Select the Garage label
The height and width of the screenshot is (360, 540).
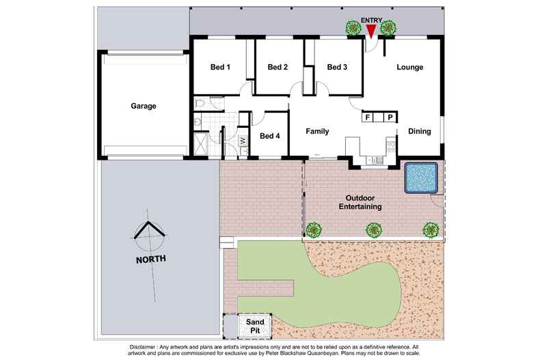pos(144,106)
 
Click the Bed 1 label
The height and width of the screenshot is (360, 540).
pos(220,67)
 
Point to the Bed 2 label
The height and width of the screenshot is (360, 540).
pos(278,67)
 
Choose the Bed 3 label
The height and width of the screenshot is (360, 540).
pos(337,67)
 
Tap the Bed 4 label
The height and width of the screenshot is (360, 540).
pos(270,135)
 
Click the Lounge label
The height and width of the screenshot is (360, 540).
pos(410,67)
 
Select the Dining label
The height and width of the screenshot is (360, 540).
pos(420,131)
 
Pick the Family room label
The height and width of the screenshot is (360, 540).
pos(317,131)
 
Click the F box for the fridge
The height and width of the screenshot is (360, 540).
pos(368,117)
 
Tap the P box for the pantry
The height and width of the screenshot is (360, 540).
pos(390,117)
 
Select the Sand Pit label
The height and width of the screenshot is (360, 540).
pos(247,324)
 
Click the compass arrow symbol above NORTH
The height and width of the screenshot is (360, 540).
pos(150,235)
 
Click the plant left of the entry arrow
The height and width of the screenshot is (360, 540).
pos(353,29)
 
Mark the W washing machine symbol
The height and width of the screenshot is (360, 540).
pos(243,141)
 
